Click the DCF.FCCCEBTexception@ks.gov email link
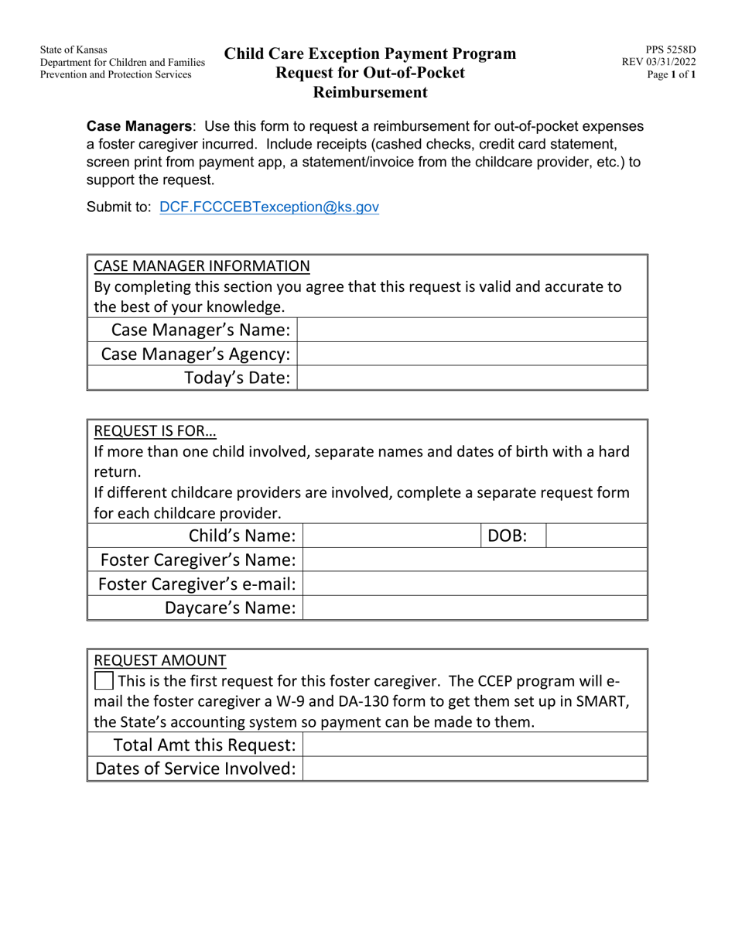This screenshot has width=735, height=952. pyautogui.click(x=268, y=207)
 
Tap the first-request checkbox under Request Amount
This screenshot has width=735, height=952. pyautogui.click(x=103, y=682)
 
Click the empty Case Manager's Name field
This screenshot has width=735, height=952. pyautogui.click(x=471, y=330)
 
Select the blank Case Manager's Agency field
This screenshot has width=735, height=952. pyautogui.click(x=471, y=354)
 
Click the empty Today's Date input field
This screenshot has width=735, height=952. pyautogui.click(x=471, y=378)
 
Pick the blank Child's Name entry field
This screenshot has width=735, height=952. pyautogui.click(x=391, y=536)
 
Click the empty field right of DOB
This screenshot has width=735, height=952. pyautogui.click(x=596, y=536)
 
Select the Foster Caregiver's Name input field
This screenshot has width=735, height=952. pyautogui.click(x=473, y=560)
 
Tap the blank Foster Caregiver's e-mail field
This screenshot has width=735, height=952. pyautogui.click(x=473, y=584)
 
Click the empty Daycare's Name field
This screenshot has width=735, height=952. pyautogui.click(x=473, y=608)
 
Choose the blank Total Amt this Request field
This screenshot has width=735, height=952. pyautogui.click(x=473, y=745)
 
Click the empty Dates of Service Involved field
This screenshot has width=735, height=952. pyautogui.click(x=473, y=769)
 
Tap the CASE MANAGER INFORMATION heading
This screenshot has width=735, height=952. pyautogui.click(x=201, y=266)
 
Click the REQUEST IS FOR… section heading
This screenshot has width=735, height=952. pyautogui.click(x=155, y=431)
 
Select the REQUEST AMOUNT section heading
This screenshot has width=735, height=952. pyautogui.click(x=159, y=660)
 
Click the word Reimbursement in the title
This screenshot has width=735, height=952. pyautogui.click(x=370, y=93)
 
